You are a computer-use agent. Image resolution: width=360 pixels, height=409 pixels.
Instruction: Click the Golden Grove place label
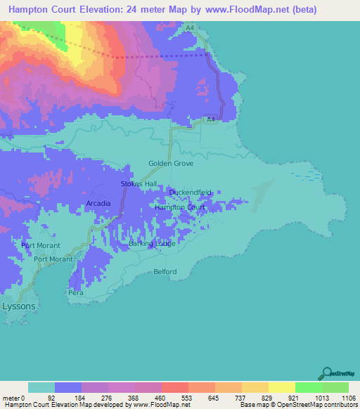[170, 163]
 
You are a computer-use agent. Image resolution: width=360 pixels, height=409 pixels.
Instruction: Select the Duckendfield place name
[190, 192]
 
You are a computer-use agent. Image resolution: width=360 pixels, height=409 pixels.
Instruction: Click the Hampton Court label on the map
[179, 207]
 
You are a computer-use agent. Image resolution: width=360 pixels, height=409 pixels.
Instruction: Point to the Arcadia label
[98, 203]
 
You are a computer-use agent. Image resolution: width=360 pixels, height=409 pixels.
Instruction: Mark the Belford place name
[165, 271]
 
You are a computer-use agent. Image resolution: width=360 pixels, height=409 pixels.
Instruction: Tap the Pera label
[76, 292]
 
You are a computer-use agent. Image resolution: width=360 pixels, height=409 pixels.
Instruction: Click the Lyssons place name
[18, 306]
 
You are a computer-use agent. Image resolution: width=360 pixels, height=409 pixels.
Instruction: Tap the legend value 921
[295, 397]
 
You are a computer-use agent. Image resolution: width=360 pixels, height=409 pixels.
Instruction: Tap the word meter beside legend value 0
[12, 397]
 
